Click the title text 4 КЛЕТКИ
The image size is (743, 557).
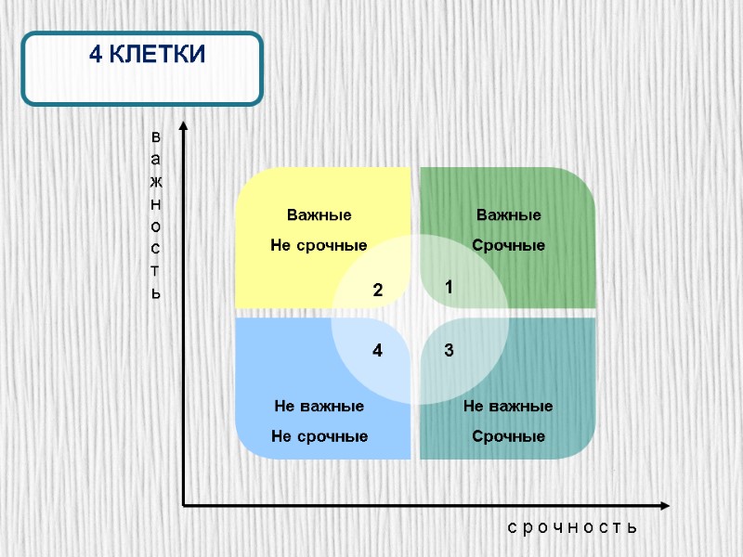147,56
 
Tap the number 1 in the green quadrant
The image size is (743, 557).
449,289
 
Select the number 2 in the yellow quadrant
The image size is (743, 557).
378,291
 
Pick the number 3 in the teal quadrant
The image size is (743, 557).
449,351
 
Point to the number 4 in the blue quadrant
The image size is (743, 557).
378,352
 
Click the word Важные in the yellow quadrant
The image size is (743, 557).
319,215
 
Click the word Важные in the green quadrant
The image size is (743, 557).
508,215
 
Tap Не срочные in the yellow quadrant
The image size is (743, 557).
319,245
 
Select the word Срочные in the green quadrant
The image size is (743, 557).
508,245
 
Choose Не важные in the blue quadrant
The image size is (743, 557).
319,407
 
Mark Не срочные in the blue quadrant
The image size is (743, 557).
319,436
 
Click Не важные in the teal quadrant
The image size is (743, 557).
508,407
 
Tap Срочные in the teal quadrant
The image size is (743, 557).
508,436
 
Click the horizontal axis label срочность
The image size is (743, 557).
572,527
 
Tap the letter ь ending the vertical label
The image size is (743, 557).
156,293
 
